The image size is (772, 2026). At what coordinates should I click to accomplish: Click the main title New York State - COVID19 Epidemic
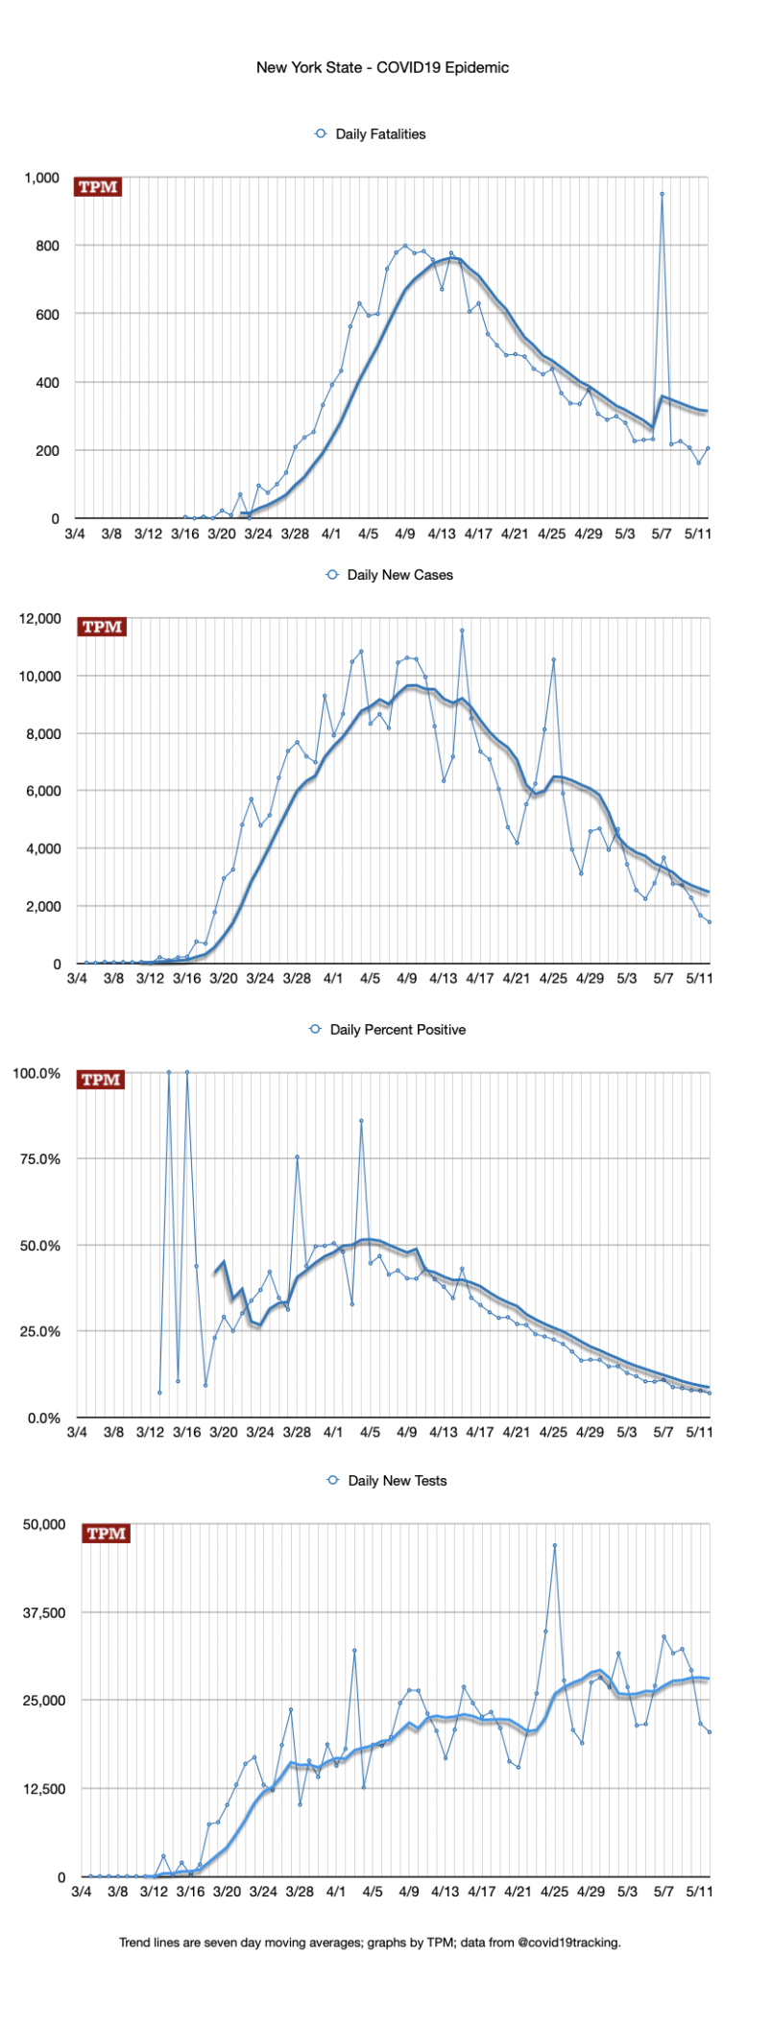pos(382,67)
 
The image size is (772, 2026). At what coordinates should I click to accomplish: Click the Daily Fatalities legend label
pos(380,134)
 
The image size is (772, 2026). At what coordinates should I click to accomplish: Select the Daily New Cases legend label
pos(399,575)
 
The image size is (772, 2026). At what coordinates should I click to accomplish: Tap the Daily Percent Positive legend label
pos(398,1030)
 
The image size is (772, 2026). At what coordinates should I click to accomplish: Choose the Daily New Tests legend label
pos(398,1481)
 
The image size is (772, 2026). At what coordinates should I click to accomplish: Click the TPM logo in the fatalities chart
pos(98,187)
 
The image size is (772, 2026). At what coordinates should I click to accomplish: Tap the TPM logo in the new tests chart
pos(106,1534)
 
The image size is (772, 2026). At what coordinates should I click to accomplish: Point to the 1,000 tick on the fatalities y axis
pos(42,179)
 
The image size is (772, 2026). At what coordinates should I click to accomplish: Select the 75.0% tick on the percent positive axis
pos(36,1159)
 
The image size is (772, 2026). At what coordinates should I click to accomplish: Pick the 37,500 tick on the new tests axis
pos(44,1613)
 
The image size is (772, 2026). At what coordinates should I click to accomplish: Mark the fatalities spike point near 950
pos(662,194)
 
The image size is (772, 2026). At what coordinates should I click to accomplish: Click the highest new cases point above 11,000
pos(462,631)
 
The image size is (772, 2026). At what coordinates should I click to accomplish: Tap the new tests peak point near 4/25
pos(555,1546)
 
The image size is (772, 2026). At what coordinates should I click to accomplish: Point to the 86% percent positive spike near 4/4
pos(361,1120)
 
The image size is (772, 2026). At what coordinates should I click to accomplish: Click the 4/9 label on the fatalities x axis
pos(404,534)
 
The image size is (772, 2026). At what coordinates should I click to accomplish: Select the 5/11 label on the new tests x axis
pos(699,1892)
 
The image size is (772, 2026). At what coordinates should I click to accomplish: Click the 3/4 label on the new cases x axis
pos(77,978)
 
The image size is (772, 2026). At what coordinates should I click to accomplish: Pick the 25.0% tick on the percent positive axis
pos(36,1332)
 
